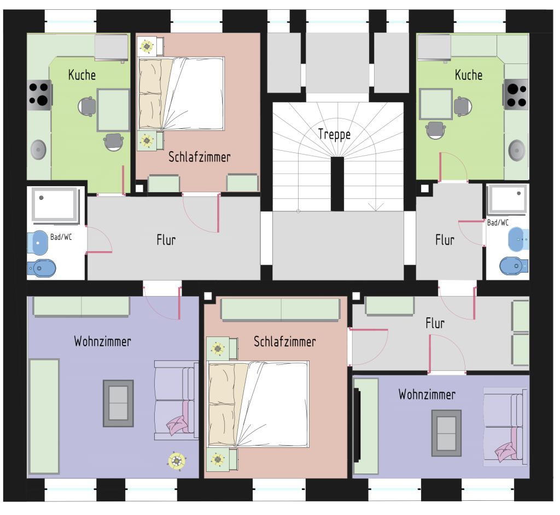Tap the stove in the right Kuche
pos(516,94)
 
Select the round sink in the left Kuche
pos(38,150)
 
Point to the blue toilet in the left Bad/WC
pos(42,268)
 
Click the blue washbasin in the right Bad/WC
pos(518,239)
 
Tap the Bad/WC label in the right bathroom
pos(498,223)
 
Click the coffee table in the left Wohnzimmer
pos(118,404)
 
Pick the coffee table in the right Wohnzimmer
pos(446,433)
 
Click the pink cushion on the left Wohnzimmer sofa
pos(177,425)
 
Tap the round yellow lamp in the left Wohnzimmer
pos(177,461)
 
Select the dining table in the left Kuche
pos(113,110)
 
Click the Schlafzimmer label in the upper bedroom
pos(199,157)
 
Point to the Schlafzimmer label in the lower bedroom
pos(284,342)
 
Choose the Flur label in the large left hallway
pos(166,240)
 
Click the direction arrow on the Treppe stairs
pos(376,208)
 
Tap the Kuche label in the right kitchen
pos(469,75)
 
